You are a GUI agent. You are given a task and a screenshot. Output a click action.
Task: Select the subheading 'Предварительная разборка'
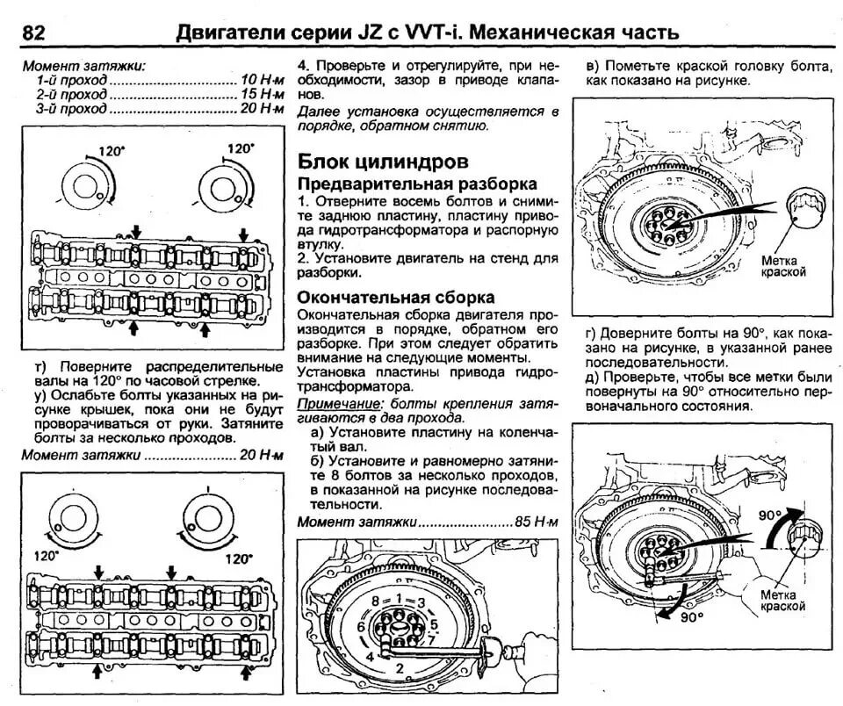[417, 185]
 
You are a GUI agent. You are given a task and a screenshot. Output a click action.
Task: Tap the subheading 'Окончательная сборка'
[396, 298]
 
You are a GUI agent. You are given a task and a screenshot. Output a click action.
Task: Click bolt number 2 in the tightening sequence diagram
[400, 668]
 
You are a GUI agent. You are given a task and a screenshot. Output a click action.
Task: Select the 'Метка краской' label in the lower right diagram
[783, 601]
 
